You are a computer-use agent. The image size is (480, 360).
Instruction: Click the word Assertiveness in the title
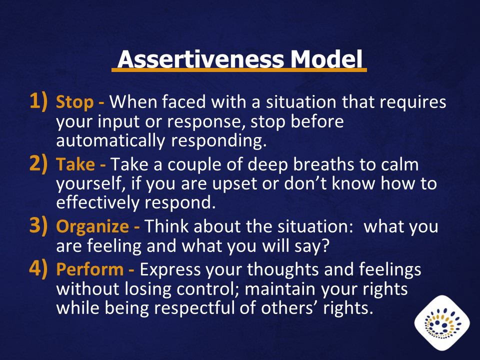pyautogui.click(x=201, y=59)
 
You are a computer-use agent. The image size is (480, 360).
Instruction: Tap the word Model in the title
pyautogui.click(x=326, y=59)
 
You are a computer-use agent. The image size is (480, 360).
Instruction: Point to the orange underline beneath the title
pyautogui.click(x=239, y=70)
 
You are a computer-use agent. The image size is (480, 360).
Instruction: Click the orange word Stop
pyautogui.click(x=74, y=102)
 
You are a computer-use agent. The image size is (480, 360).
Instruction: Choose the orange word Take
pyautogui.click(x=75, y=164)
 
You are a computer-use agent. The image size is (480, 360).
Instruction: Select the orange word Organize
pyautogui.click(x=92, y=227)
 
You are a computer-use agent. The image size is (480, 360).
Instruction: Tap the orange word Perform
pyautogui.click(x=89, y=269)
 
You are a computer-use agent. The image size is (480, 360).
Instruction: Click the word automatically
pyautogui.click(x=110, y=141)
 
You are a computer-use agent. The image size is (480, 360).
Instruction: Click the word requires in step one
pyautogui.click(x=413, y=102)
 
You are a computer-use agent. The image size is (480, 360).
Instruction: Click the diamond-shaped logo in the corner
pyautogui.click(x=442, y=323)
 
